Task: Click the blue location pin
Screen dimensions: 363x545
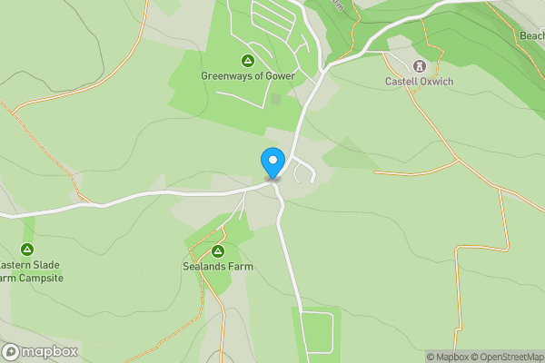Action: pos(272,162)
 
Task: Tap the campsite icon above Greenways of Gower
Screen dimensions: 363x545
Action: pos(248,61)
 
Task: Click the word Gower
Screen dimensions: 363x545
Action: pos(281,76)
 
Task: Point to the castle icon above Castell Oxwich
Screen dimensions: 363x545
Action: pos(419,65)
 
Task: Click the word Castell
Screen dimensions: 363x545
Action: pos(403,82)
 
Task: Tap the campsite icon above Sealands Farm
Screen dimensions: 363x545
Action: pos(217,251)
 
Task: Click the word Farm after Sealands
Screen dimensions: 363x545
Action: pos(241,267)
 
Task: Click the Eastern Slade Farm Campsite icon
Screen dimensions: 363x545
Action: pos(27,250)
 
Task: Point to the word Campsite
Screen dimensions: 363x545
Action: pos(39,278)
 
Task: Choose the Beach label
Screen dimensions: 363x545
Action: pos(531,36)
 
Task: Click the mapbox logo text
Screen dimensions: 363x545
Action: pos(49,352)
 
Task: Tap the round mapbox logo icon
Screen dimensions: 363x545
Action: pos(11,352)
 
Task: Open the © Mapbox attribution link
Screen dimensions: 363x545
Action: pos(448,357)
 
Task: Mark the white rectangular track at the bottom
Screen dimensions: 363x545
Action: pos(317,332)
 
